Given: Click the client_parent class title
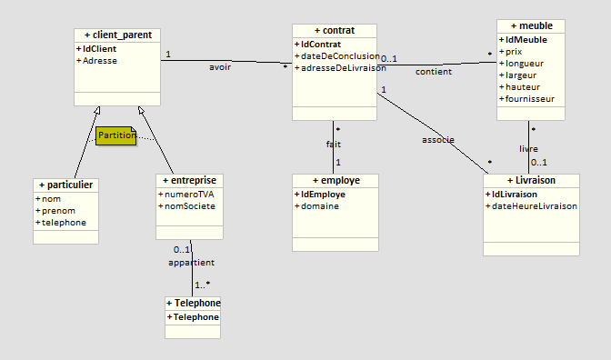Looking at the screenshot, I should (117, 35).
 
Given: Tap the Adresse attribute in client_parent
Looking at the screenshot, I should (100, 61).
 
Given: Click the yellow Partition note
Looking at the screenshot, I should (116, 135).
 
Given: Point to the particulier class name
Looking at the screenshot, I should (65, 185).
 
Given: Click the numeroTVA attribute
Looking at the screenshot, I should (187, 194).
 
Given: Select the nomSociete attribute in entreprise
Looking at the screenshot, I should (189, 205).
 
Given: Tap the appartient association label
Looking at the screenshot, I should (191, 263).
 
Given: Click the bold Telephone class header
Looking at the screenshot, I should (193, 303).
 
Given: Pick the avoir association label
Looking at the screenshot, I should (220, 66).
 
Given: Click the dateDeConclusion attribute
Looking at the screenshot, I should (336, 56).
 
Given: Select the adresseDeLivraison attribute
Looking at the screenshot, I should (336, 68).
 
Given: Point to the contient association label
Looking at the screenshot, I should (434, 71).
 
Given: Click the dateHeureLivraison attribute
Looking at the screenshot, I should (533, 206).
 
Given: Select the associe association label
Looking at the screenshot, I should (438, 139).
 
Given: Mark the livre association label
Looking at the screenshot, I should (528, 147).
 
